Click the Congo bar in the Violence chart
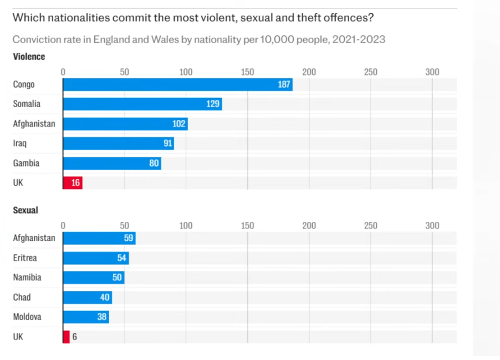click(x=177, y=84)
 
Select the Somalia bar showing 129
click(x=142, y=104)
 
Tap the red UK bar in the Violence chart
click(x=73, y=182)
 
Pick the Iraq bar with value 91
click(x=118, y=143)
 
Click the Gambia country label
click(x=26, y=163)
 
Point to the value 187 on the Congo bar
click(x=284, y=84)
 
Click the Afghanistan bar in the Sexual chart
click(x=99, y=238)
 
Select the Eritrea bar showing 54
click(x=95, y=258)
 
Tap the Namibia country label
click(x=27, y=277)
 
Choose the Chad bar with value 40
click(x=87, y=297)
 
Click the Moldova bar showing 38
click(x=85, y=317)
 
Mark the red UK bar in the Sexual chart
click(x=66, y=337)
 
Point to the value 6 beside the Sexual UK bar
click(x=74, y=337)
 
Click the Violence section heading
click(x=29, y=57)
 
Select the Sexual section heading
click(x=25, y=211)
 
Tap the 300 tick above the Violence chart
click(x=432, y=72)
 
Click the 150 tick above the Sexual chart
click(x=247, y=226)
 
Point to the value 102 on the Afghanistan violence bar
click(x=178, y=124)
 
